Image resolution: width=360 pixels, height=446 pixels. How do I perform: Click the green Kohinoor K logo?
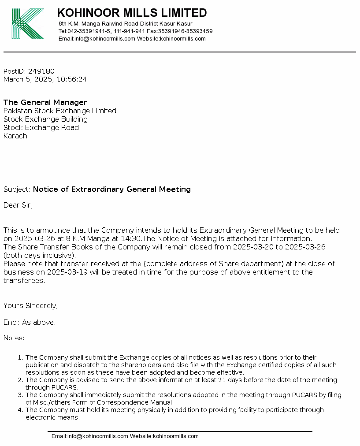27,24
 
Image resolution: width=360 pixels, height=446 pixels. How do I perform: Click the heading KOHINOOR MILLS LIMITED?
132,13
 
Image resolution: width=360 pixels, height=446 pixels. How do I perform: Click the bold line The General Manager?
45,103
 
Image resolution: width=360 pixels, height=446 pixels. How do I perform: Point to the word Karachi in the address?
16,136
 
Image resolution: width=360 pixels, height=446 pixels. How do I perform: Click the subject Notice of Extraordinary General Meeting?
112,190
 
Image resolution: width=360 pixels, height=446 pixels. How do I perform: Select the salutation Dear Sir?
18,205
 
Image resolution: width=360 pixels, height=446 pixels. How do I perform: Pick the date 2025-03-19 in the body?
62,272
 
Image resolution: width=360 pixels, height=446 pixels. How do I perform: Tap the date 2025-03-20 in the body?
253,247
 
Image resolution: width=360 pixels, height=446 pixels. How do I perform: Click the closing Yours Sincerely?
30,306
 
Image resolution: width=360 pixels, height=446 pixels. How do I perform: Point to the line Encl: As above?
30,323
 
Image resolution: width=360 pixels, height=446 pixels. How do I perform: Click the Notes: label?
14,338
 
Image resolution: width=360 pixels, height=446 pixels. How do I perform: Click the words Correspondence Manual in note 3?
141,403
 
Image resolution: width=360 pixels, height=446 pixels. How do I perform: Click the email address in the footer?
89,436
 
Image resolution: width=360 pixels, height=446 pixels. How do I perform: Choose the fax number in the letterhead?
186,31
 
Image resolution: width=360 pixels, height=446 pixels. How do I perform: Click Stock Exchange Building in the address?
45,119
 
